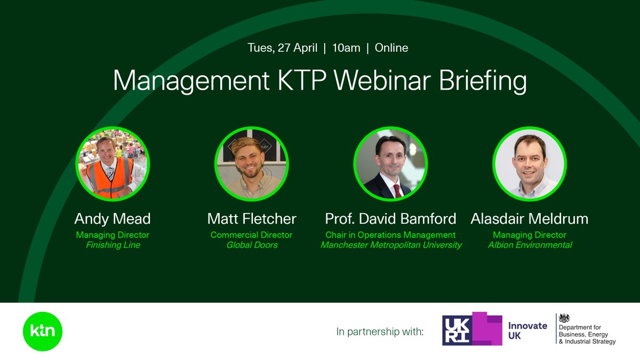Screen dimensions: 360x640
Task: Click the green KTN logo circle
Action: coord(43,331)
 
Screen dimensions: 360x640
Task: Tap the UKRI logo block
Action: coord(472,329)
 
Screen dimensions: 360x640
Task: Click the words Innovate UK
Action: coord(527,331)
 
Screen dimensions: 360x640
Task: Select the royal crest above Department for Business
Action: coord(564,318)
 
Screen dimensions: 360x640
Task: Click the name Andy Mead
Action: coord(113,219)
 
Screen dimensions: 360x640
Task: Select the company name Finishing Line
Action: coord(113,245)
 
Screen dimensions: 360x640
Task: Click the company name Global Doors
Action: coord(252,245)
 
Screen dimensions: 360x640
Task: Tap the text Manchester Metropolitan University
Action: coord(391,245)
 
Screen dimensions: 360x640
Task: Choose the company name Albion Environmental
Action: coord(530,245)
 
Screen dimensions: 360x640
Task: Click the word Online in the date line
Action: coord(391,48)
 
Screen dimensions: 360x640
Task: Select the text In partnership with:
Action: coord(380,332)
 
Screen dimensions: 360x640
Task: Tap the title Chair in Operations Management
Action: coord(391,235)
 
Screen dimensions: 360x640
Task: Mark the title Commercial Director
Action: coord(252,235)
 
